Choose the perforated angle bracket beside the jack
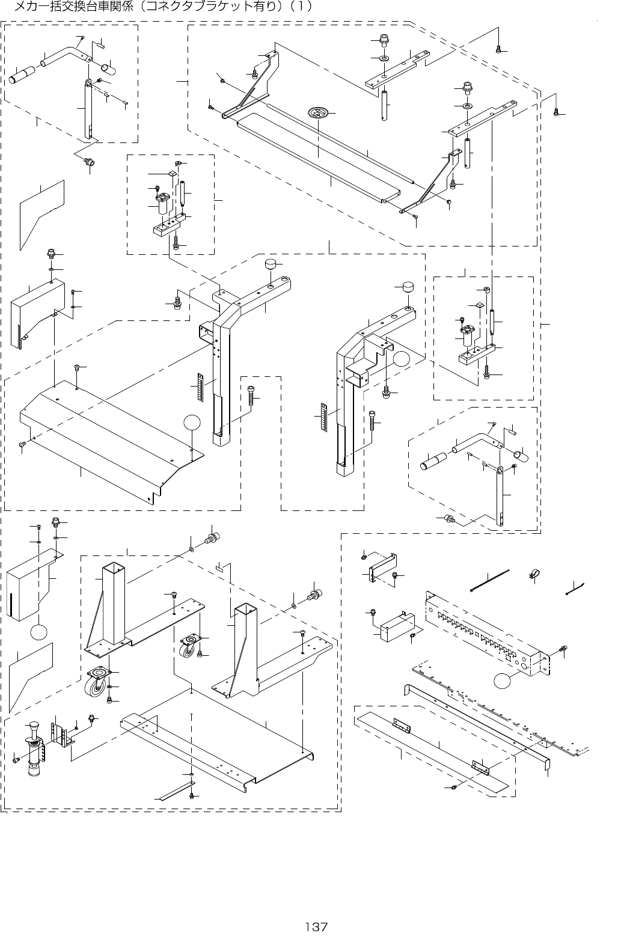[x=58, y=735]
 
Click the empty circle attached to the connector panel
[x=502, y=683]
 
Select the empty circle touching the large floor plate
[x=192, y=423]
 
